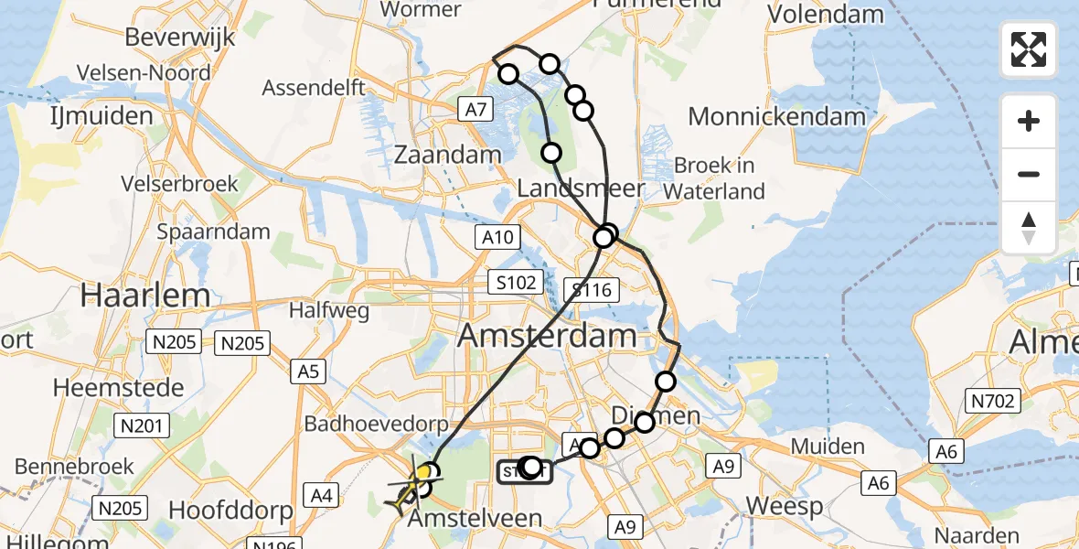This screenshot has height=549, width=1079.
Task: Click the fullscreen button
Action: tap(1029, 49)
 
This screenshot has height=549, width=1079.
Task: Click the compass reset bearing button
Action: tap(1029, 228)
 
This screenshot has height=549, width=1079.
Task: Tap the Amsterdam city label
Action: tap(547, 335)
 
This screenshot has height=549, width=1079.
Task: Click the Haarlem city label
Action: tap(146, 296)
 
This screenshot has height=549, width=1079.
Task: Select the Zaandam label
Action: tap(448, 156)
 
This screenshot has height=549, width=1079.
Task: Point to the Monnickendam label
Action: tap(776, 117)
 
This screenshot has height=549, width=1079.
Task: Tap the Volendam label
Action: tap(826, 15)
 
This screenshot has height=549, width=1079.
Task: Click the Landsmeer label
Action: tap(582, 189)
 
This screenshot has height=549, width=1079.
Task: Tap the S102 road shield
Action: tap(517, 283)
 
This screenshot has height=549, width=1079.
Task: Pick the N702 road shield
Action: tap(991, 399)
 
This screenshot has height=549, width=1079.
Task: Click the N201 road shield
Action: tap(141, 425)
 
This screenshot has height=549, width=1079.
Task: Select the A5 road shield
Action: tap(307, 371)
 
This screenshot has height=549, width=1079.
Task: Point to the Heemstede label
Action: tap(118, 387)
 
